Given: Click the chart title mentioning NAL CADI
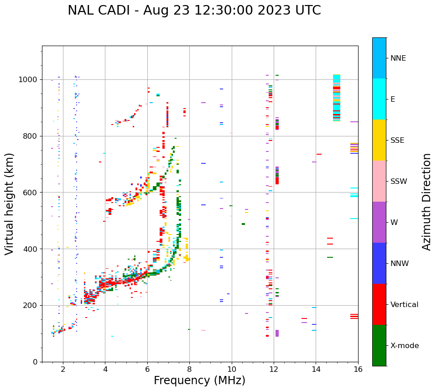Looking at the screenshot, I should [194, 10].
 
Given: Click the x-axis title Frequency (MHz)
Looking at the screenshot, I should [199, 381].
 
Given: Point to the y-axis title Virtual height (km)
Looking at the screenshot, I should [10, 204].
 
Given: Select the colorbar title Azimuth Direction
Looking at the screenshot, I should [427, 202].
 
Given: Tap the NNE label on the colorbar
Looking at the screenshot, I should [398, 58].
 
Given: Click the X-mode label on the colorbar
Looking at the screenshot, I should [404, 346].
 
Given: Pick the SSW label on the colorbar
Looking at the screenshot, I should [399, 182].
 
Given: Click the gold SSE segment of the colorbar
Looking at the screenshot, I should [379, 140].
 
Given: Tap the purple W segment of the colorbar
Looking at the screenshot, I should [379, 222].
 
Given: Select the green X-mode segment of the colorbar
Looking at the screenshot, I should [379, 345].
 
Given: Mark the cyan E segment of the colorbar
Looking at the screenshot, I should [379, 99].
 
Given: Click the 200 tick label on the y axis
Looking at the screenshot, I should [31, 306].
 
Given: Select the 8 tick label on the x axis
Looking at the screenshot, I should [189, 370].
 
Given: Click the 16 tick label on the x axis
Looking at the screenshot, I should [358, 370].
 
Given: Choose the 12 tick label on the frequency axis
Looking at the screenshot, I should [274, 370].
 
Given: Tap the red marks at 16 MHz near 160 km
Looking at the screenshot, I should [354, 316].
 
